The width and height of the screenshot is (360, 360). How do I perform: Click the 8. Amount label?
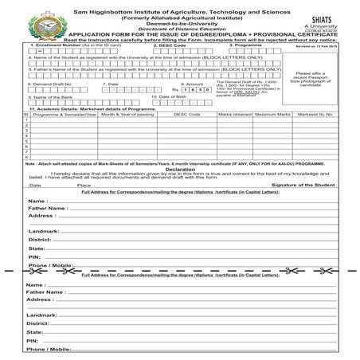pyautogui.click(x=194, y=83)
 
